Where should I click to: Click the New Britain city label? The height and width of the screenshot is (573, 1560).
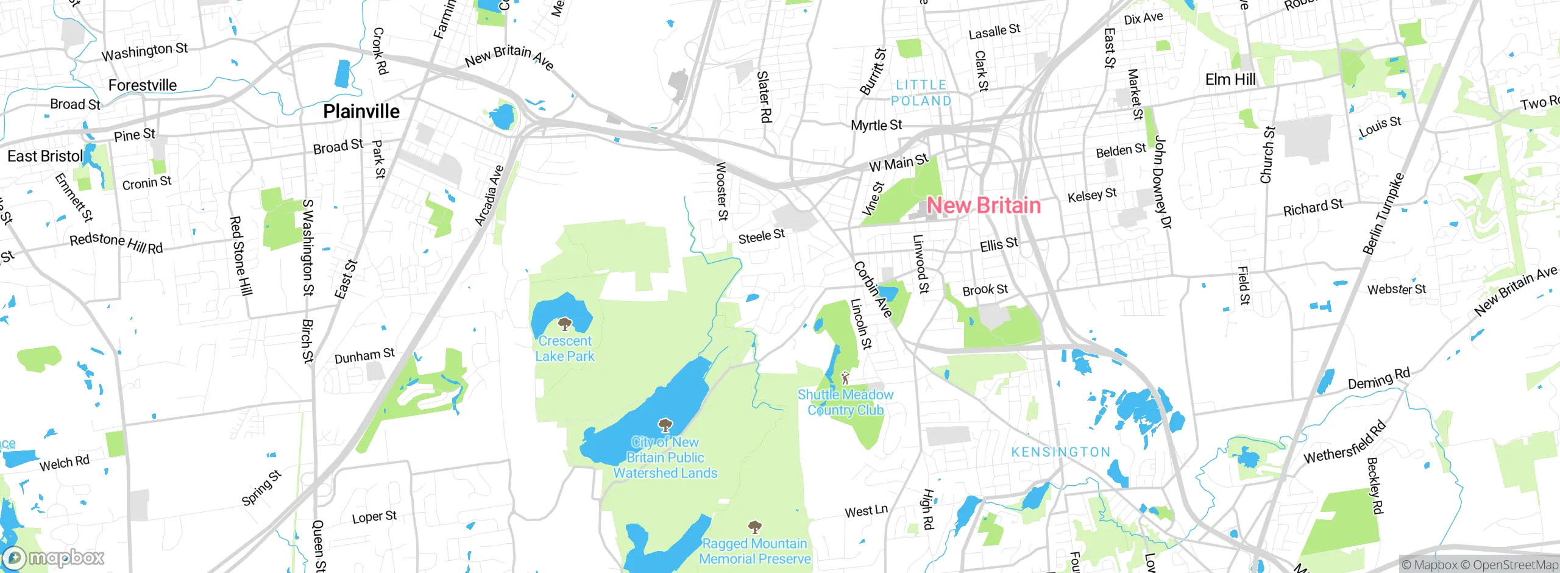984,205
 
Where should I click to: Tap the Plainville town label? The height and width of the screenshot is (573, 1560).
361,112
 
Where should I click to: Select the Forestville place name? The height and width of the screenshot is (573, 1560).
143,85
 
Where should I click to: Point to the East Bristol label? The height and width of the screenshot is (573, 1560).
45,157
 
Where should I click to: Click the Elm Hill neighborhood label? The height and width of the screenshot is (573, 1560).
1230,80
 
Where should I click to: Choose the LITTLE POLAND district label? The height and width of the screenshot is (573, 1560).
921,93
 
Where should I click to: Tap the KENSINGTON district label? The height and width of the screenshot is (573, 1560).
1061,452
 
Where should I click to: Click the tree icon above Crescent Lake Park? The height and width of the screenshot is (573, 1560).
565,323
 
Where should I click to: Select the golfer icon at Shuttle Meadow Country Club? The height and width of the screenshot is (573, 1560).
845,378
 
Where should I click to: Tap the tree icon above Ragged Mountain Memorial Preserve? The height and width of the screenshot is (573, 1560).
754,527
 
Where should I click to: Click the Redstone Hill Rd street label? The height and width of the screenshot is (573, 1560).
116,243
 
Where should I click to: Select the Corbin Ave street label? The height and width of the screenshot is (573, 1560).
873,290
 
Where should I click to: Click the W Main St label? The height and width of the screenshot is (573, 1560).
898,163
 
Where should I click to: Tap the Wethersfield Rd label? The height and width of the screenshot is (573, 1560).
1345,443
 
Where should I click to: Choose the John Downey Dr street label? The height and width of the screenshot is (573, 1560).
1163,183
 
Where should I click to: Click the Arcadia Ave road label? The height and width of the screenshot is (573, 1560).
489,196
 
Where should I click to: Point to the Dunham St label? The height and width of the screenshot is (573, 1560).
364,355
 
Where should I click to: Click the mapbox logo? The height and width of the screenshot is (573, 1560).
54,558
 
